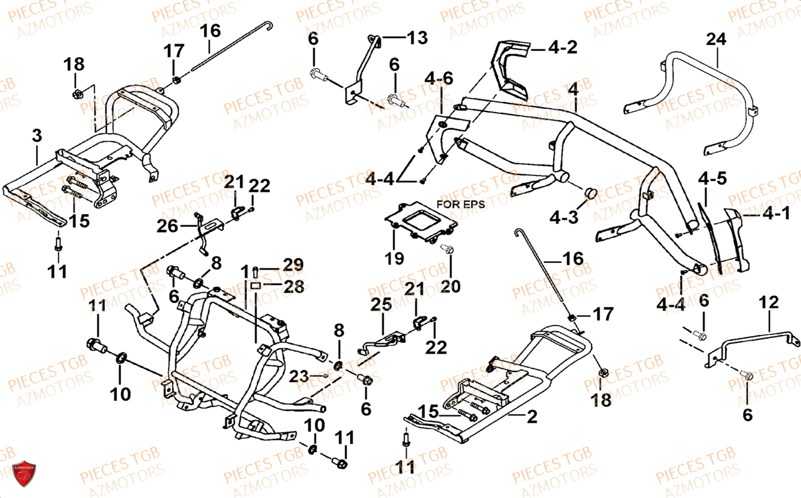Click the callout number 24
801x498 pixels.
(x=716, y=39)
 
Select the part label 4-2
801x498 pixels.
(x=562, y=47)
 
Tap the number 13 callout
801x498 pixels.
(x=417, y=38)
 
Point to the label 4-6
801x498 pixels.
(x=439, y=78)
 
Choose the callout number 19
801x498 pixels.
(x=394, y=258)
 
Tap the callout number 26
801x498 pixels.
(x=166, y=227)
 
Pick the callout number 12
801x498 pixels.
(x=769, y=303)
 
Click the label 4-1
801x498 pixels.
(x=777, y=214)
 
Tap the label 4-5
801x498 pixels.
(x=711, y=179)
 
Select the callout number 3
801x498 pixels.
(x=37, y=136)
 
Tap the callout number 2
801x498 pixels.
(x=531, y=417)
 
